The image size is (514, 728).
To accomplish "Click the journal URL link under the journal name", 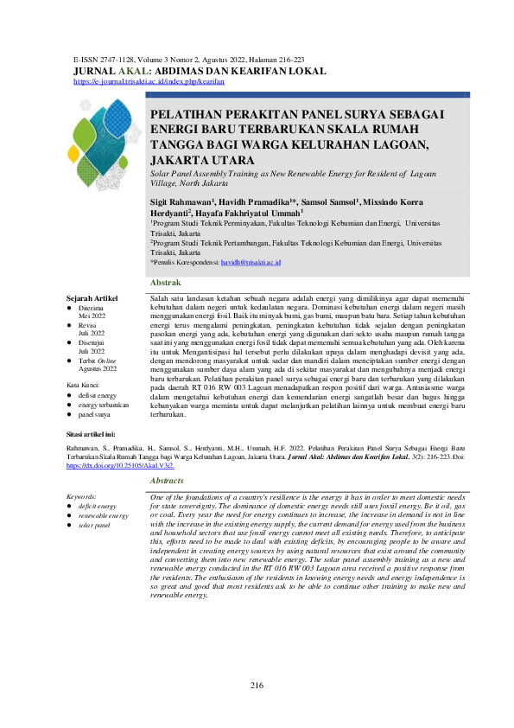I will [x=149, y=80].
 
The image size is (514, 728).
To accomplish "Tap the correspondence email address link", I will [x=251, y=261].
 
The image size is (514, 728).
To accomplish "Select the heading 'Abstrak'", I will [x=165, y=283].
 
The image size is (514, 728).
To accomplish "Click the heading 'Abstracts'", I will [x=167, y=480].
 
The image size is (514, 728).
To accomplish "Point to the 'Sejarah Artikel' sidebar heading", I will [x=92, y=297].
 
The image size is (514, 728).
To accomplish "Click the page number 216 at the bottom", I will [x=257, y=686].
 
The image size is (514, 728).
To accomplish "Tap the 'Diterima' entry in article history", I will [x=91, y=308].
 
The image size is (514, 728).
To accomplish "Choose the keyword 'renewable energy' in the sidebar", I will [x=104, y=515].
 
